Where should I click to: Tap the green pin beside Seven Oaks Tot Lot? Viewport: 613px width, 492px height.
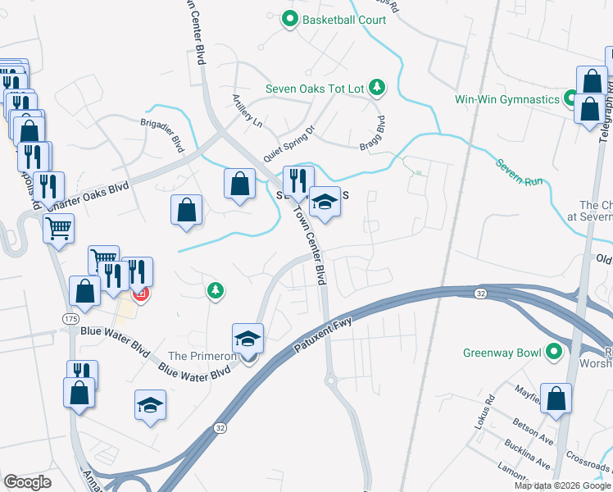click(376, 87)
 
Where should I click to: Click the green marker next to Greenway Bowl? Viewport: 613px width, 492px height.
click(554, 353)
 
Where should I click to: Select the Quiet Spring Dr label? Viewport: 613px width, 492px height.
click(288, 143)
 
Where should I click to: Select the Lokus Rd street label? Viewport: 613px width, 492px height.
click(489, 408)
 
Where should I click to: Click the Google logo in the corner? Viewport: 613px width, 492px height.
click(28, 481)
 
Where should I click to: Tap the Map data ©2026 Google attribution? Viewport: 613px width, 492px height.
click(561, 485)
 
